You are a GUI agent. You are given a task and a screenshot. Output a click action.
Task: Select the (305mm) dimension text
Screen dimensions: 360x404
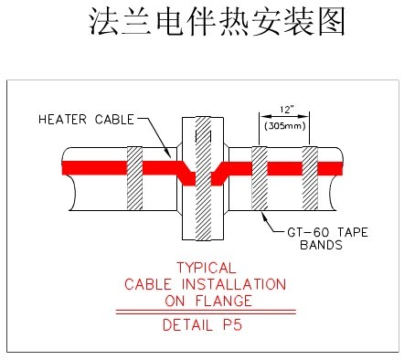(286, 126)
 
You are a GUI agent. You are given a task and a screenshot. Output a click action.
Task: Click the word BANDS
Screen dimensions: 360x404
(320, 245)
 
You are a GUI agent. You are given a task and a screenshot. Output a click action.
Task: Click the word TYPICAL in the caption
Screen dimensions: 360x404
(206, 269)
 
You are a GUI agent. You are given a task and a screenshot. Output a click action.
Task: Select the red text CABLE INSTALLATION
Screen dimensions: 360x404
(205, 284)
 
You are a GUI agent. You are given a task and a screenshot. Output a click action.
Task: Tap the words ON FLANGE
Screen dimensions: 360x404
(205, 300)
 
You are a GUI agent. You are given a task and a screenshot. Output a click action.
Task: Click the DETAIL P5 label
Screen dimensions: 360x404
(205, 324)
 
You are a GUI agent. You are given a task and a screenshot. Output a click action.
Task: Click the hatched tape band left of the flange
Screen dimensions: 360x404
(135, 178)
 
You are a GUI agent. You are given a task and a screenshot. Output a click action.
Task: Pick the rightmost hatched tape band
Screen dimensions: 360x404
(310, 178)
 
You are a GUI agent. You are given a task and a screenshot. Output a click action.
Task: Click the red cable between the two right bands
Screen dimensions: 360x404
(285, 169)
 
